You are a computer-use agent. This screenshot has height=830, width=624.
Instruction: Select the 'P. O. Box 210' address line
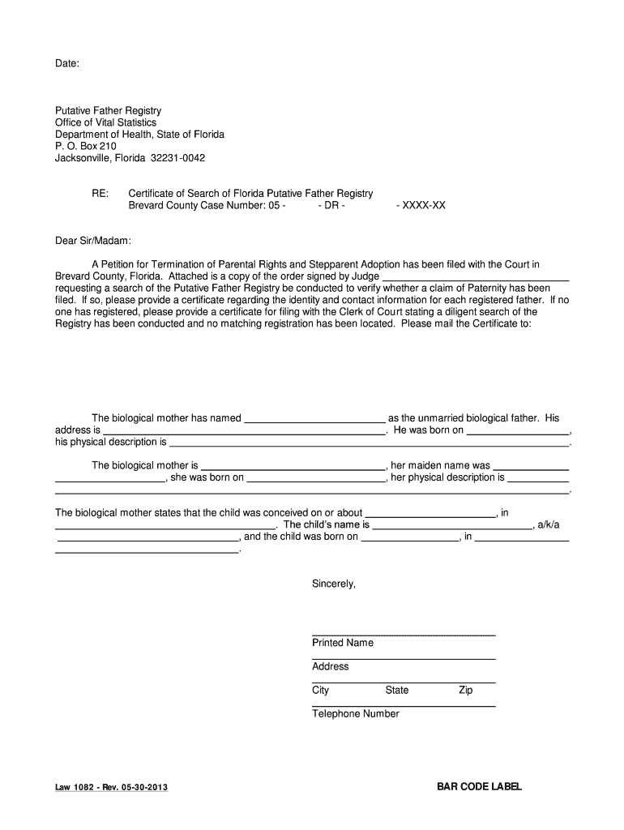point(86,146)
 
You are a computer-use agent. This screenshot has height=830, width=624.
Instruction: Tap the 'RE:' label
point(100,194)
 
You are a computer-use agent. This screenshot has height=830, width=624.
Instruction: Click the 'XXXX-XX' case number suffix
point(421,206)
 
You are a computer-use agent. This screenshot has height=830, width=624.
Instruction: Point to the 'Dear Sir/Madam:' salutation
point(92,241)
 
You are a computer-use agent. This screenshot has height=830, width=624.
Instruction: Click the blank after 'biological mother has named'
point(314,419)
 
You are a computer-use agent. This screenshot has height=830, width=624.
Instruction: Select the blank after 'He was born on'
point(518,430)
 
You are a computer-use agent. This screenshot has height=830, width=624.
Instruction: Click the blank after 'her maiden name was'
point(531,466)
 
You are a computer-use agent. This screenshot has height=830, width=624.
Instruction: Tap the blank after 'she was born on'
point(316,478)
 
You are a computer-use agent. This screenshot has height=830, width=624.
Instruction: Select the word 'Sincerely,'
point(334,584)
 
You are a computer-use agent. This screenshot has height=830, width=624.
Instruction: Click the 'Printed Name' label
point(343,643)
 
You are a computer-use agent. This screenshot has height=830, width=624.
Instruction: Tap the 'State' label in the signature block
point(397,691)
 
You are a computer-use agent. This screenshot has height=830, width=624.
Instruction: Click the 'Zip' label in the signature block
point(465,691)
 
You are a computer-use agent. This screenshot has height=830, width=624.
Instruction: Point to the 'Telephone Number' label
point(356,714)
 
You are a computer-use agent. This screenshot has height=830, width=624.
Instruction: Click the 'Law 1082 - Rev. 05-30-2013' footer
point(112,787)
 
